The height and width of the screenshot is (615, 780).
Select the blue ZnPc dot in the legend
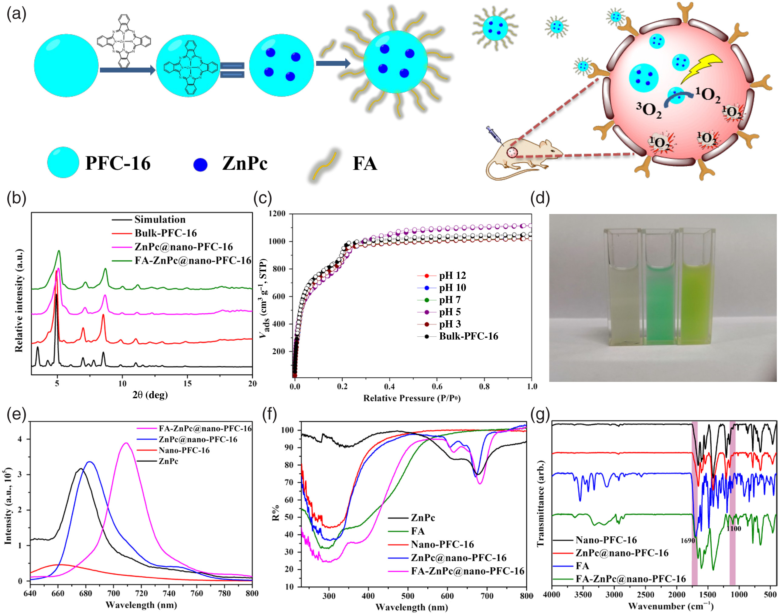[x=200, y=165]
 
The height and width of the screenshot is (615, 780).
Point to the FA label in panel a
[x=364, y=164]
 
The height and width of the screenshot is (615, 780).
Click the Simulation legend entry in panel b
[x=159, y=219]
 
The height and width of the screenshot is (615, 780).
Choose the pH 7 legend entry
[x=449, y=300]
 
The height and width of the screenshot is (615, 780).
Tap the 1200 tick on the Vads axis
[x=277, y=214]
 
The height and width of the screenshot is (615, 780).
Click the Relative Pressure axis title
[x=412, y=398]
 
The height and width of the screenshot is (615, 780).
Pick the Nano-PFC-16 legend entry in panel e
[x=184, y=450]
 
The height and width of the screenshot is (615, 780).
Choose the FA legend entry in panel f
[x=418, y=531]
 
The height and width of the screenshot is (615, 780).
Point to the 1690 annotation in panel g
[x=687, y=540]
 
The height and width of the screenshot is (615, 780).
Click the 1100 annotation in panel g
[x=734, y=528]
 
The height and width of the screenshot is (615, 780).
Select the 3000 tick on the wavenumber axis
[x=614, y=594]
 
